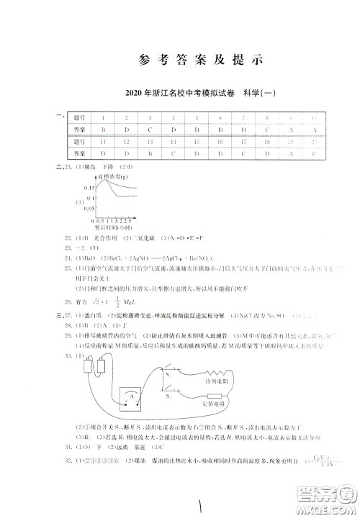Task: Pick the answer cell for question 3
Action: (x=150, y=129)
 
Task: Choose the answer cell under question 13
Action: (x=150, y=153)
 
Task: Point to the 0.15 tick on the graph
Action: (x=90, y=187)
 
